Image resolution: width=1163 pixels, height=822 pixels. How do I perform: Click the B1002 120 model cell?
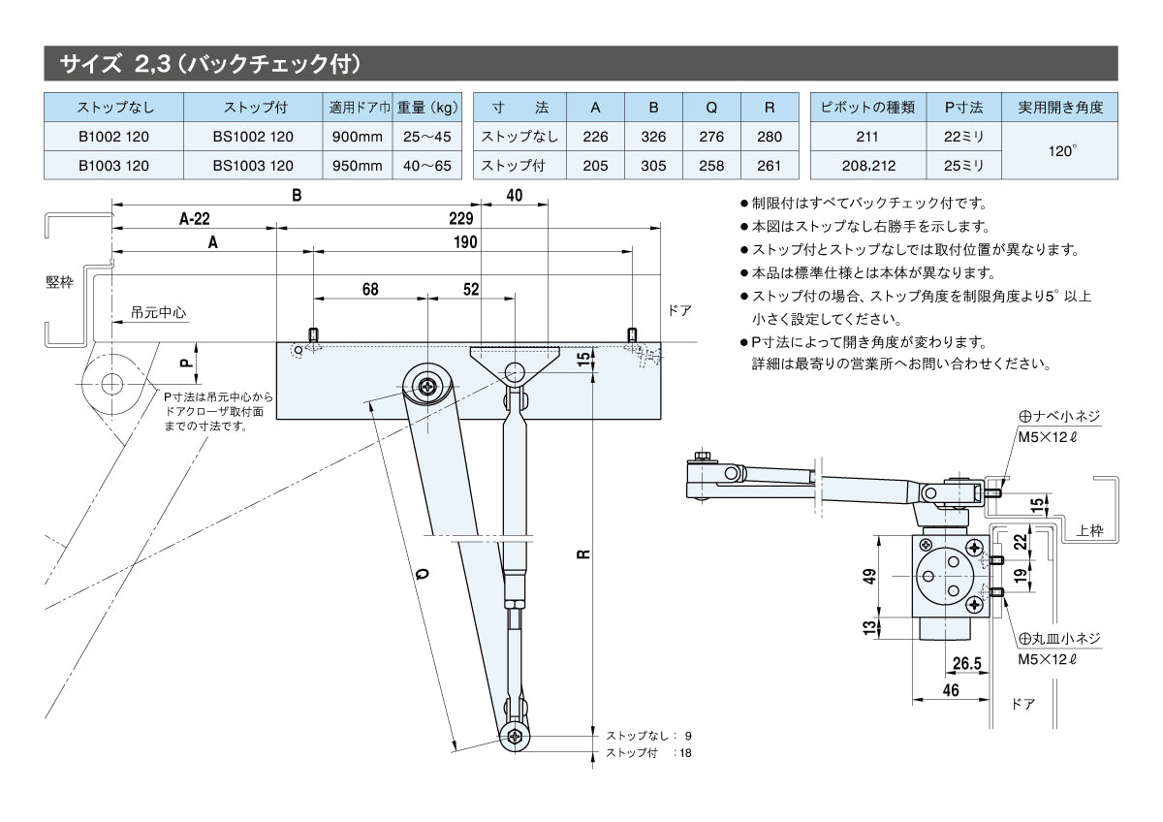tap(113, 137)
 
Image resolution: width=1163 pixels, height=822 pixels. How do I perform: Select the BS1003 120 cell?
tap(252, 166)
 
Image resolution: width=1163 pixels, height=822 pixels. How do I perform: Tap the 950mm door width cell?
tap(357, 166)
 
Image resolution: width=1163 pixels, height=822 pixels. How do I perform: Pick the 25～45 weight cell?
tap(427, 137)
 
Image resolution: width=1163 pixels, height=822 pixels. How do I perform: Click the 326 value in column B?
tap(653, 137)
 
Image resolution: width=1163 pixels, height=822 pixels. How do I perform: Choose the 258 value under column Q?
tap(711, 166)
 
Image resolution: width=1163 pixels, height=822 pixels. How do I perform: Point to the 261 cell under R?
tap(769, 166)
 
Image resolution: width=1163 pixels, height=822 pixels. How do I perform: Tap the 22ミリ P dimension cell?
tap(963, 137)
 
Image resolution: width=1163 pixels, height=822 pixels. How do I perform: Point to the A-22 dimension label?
tap(195, 219)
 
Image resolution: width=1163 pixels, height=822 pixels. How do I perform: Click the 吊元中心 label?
tap(159, 313)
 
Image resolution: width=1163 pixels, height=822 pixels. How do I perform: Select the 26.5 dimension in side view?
tap(966, 663)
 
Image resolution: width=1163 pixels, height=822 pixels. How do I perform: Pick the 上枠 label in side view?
tap(1089, 531)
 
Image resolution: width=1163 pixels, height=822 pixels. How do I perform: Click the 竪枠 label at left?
tap(59, 282)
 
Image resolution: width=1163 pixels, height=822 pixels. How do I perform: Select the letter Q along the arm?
tap(424, 574)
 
